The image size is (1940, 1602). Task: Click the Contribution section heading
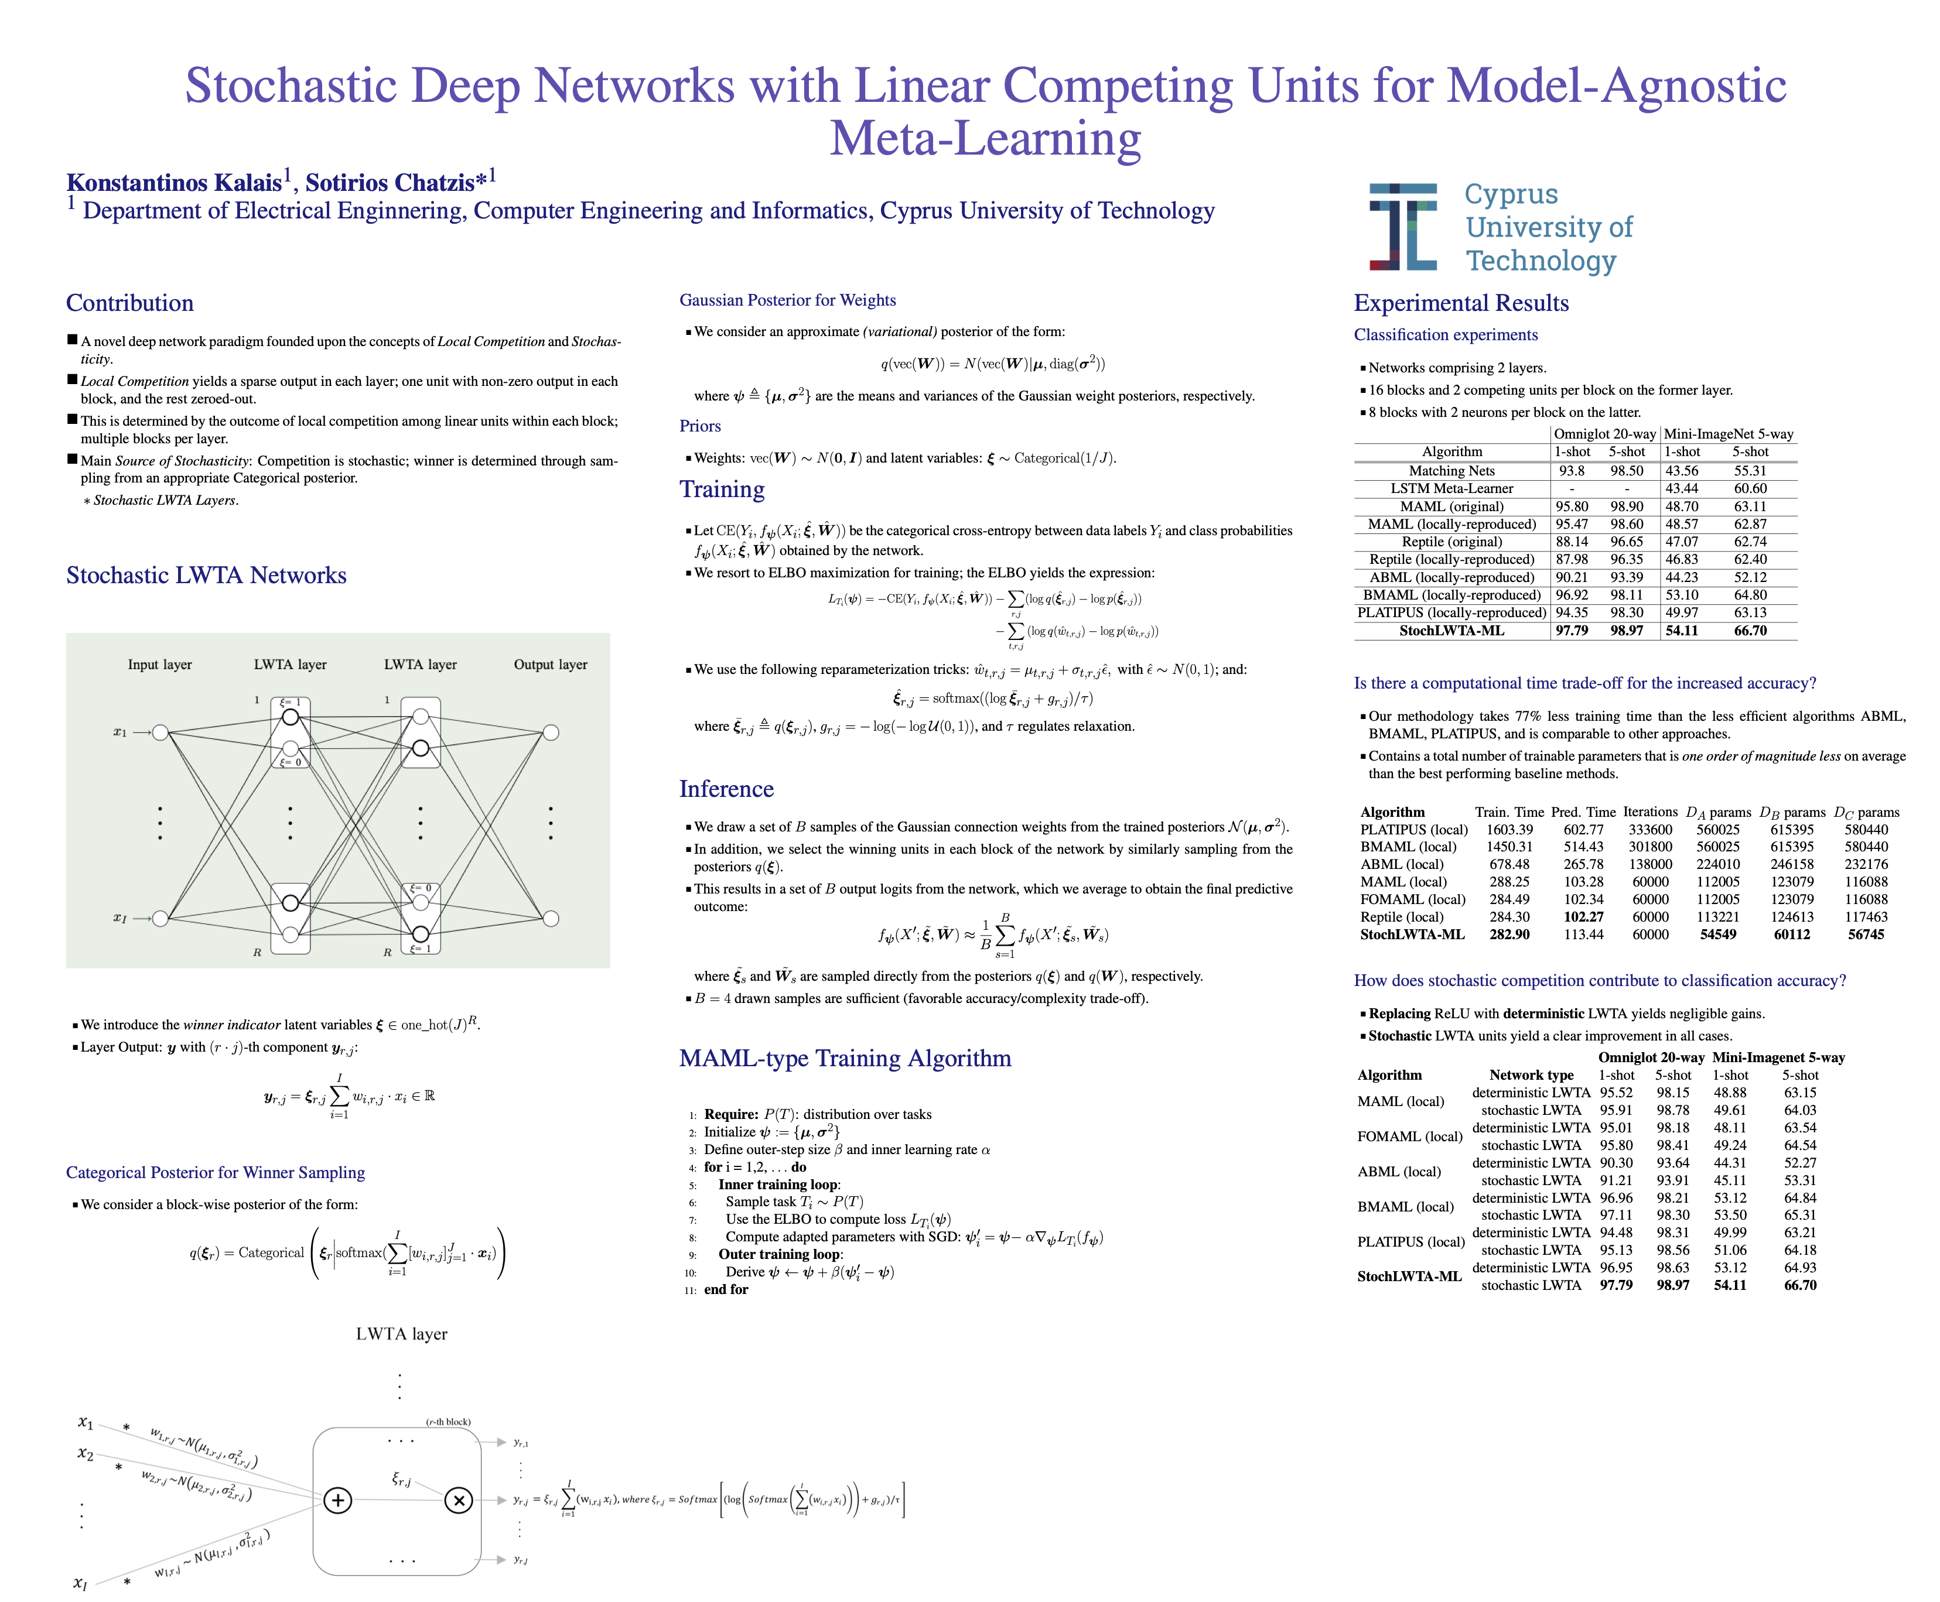(130, 304)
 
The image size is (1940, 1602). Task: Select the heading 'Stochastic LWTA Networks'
(206, 576)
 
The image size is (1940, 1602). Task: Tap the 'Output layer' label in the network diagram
(550, 665)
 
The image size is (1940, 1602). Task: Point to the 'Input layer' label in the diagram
(160, 665)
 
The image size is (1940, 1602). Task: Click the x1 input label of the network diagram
(120, 732)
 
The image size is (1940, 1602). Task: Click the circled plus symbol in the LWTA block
(338, 1501)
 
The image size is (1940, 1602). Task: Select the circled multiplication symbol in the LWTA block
(458, 1501)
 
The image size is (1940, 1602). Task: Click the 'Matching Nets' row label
(1451, 471)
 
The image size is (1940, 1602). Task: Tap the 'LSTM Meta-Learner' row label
(1451, 488)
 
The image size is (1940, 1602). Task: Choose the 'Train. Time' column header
(1509, 812)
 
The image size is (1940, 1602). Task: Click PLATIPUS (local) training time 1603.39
(1509, 830)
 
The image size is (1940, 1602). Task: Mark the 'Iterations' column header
(1650, 812)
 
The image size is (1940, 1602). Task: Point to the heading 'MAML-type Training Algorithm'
(845, 1059)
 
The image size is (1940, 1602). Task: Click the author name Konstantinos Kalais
(173, 183)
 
